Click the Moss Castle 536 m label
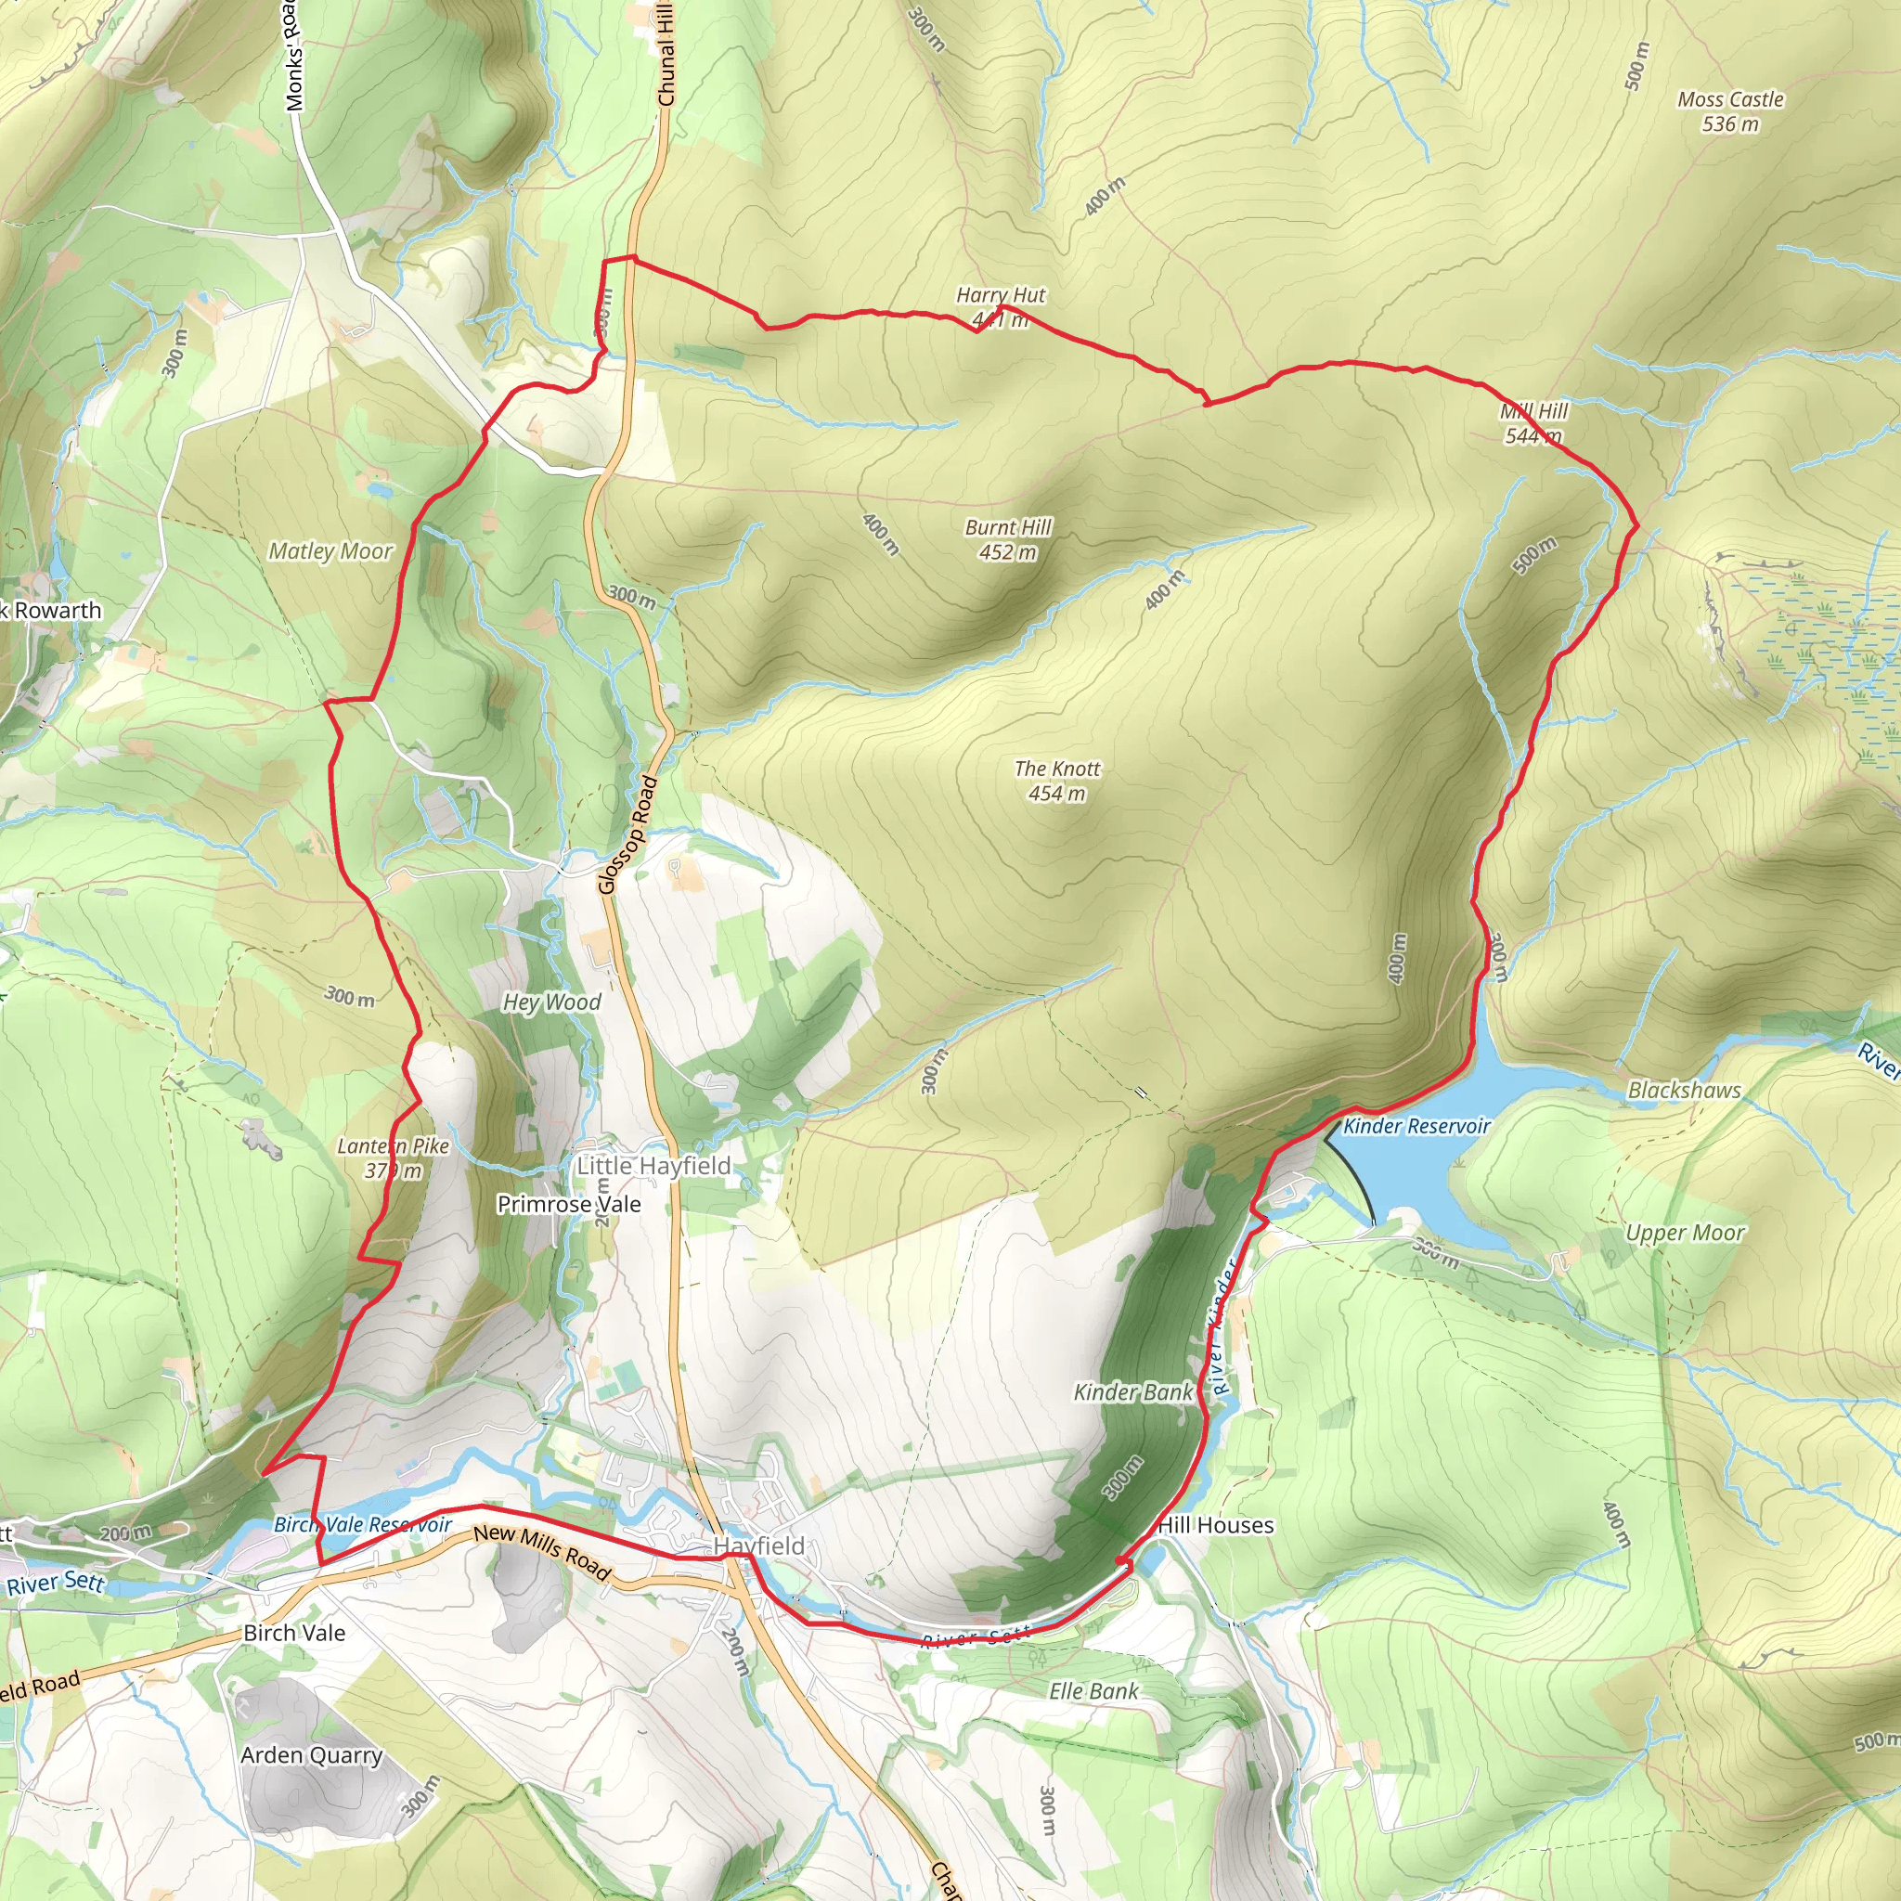[1730, 111]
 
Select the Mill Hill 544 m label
[1533, 423]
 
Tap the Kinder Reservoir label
[1416, 1127]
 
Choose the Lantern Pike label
[393, 1158]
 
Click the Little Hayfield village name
[653, 1166]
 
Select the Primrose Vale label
[569, 1204]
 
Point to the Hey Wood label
[551, 1002]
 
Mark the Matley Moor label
[330, 551]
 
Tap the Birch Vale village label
[294, 1633]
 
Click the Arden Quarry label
[311, 1755]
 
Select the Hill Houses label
[1215, 1525]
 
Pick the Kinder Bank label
[1132, 1392]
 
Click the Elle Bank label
[1093, 1691]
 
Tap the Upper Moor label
[1685, 1233]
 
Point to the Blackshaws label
[1684, 1091]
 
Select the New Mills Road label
[542, 1552]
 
